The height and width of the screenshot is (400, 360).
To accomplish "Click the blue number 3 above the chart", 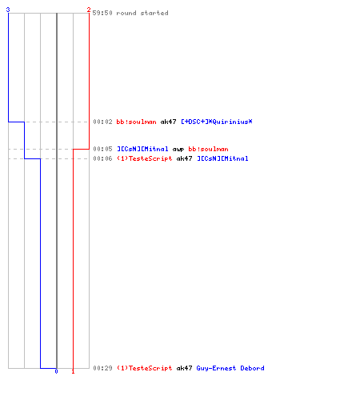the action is coord(8,10).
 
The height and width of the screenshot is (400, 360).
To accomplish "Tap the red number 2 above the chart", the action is coord(89,10).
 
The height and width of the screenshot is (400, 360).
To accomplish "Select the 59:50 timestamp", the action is coord(102,13).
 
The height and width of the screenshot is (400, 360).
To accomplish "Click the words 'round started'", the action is coord(142,13).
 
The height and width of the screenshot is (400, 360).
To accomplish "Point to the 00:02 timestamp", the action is coord(102,122).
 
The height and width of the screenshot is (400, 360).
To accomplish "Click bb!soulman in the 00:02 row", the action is coord(136,122).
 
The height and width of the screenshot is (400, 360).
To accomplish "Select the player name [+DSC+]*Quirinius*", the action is coord(217,122).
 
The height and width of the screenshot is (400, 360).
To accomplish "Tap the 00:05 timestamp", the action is coord(102,149).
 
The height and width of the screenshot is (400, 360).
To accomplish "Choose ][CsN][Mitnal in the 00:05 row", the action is coord(142,149).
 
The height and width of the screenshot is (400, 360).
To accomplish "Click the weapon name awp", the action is coord(178,150).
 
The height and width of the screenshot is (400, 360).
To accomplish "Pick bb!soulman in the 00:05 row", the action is coord(208,149).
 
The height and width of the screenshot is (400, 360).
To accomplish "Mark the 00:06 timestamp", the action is coord(102,158).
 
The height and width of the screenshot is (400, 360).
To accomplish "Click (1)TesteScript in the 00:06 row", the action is coord(145,158).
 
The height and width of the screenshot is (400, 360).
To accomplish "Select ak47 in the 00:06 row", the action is coord(184,158).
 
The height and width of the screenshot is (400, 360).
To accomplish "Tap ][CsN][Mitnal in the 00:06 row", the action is coord(222,158).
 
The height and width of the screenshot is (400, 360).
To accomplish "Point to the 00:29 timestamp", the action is coord(102,368).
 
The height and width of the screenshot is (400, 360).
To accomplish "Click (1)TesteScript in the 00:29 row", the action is coord(145,368).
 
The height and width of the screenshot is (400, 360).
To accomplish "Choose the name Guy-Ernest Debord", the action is coord(230,368).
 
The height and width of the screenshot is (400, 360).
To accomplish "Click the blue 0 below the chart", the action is coord(56,371).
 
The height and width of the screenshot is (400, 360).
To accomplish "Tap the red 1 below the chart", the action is coord(73,371).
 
